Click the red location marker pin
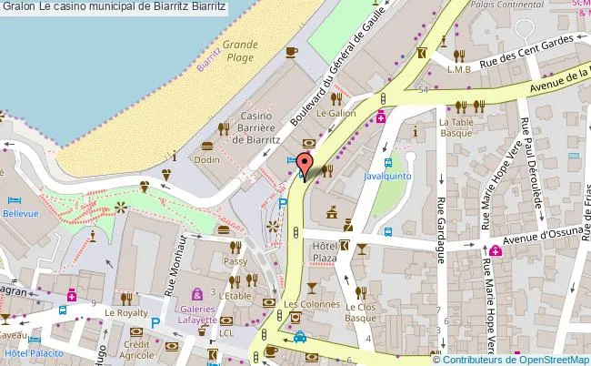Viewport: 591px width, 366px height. tap(306, 165)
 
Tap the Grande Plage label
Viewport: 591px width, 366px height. tap(240, 50)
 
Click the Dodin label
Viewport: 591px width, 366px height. tap(206, 160)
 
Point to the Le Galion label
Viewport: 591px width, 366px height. tap(336, 113)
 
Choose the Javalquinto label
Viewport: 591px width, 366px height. tap(388, 175)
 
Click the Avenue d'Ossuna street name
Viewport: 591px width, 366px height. tap(544, 239)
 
